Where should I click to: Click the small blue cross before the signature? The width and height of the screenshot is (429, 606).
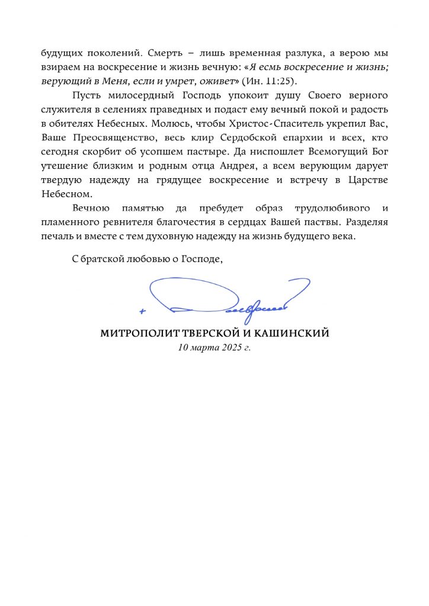[143, 310]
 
